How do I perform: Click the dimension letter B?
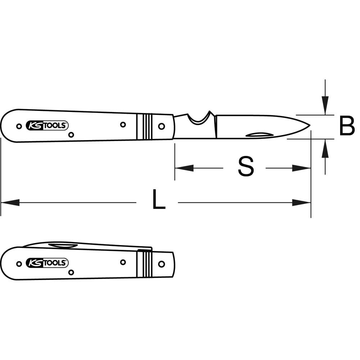coord(347,126)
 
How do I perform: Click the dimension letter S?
coord(246,166)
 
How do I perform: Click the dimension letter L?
coord(159,199)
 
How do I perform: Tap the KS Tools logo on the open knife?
coord(47,126)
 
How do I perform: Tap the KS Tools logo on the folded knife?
coord(47,263)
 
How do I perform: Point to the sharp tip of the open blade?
coord(310,125)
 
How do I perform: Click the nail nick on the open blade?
coord(260,135)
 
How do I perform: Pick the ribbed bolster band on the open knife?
coord(144,127)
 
